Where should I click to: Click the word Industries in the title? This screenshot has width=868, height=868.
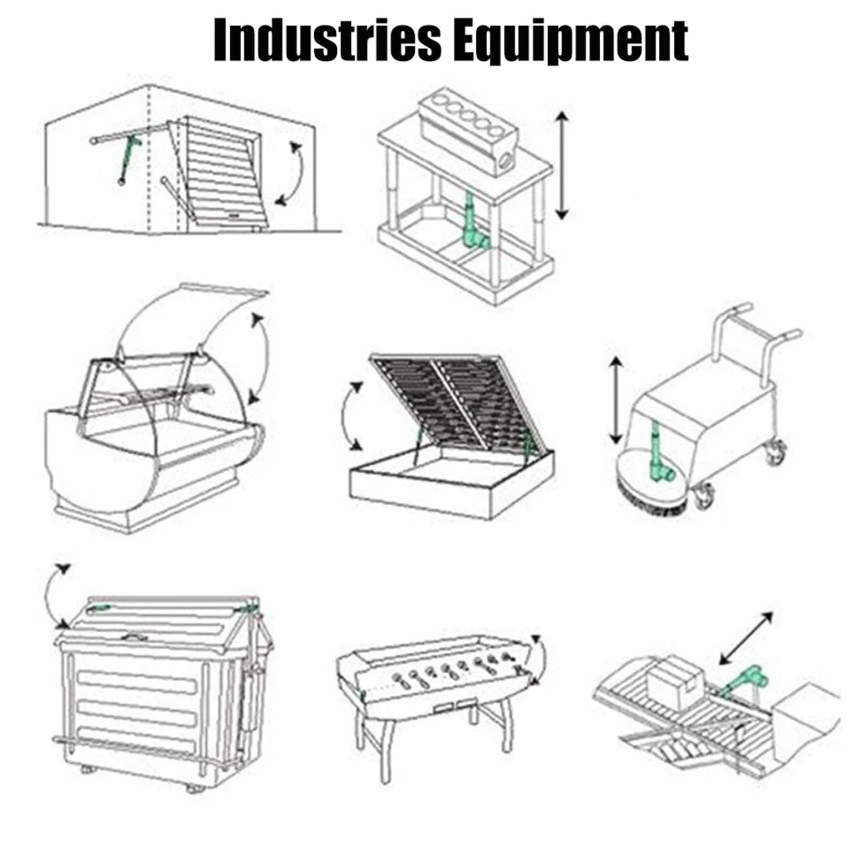(327, 40)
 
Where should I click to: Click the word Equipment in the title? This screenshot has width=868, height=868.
(571, 41)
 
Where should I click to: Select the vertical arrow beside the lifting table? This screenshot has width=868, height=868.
(562, 165)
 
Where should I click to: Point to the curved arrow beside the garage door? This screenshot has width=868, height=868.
(298, 174)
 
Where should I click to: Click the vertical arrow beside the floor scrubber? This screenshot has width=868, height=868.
(616, 401)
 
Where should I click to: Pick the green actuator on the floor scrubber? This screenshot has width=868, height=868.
(662, 453)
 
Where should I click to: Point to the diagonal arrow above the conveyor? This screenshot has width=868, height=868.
(746, 638)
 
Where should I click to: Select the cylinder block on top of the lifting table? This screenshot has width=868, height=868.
(468, 128)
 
